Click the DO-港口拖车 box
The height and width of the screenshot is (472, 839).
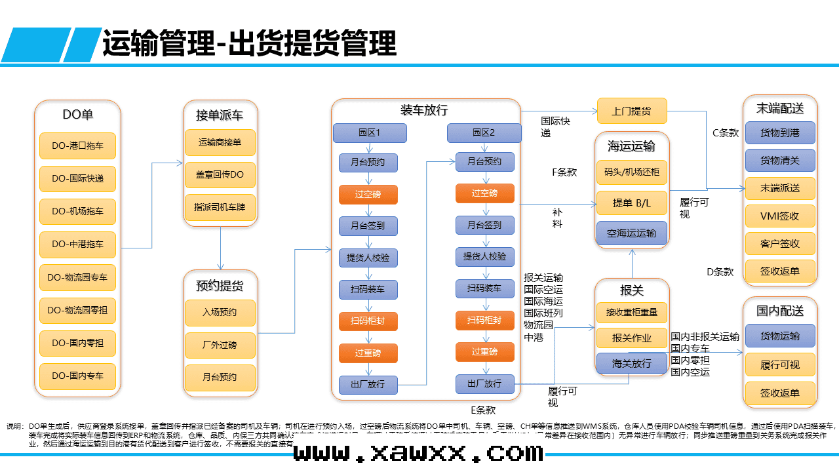(x=77, y=146)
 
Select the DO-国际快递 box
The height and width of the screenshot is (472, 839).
(x=77, y=179)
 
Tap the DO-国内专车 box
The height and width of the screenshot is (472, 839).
(x=77, y=376)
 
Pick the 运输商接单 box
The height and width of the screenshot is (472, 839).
(x=220, y=142)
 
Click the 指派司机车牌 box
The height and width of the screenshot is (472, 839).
(x=220, y=207)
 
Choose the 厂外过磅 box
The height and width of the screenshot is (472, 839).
(x=220, y=345)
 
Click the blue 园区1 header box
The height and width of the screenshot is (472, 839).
(x=370, y=132)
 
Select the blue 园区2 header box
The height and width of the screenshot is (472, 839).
(x=484, y=132)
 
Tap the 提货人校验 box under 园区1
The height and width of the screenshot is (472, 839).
(x=368, y=257)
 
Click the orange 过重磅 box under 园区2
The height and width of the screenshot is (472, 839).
(x=484, y=352)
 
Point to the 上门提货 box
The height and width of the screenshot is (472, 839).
(x=631, y=111)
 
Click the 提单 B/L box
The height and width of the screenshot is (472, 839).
(x=631, y=203)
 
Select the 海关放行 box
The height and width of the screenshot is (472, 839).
(x=631, y=363)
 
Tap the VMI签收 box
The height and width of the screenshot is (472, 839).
(x=779, y=216)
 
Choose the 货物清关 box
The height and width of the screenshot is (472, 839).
(x=779, y=161)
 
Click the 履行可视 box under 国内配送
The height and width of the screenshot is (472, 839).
(x=779, y=365)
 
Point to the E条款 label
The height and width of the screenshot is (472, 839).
(x=483, y=410)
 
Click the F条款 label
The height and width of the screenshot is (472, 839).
(x=564, y=172)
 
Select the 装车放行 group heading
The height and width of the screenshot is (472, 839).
(x=424, y=111)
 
